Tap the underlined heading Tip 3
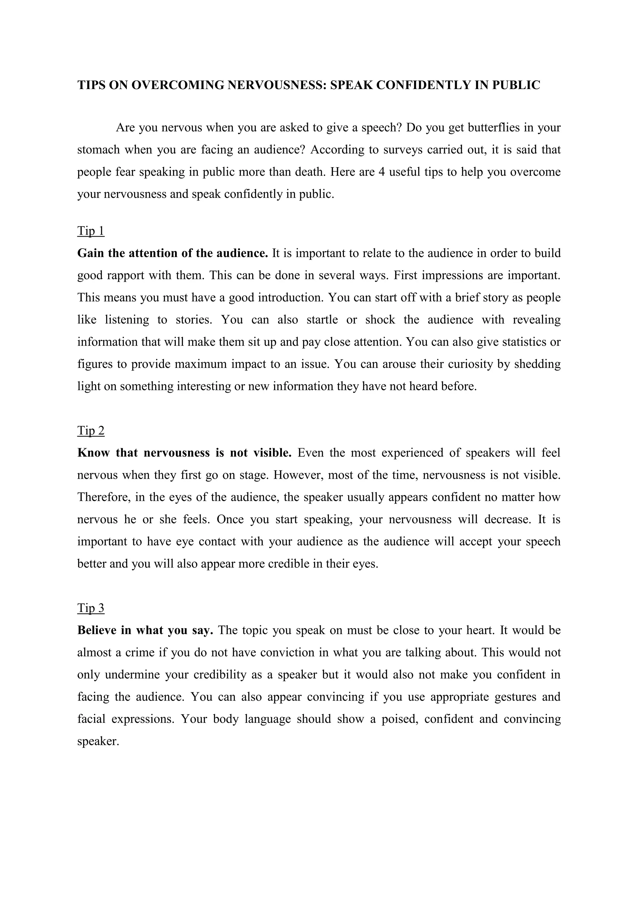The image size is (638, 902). pyautogui.click(x=91, y=608)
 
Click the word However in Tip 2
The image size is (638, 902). pyautogui.click(x=298, y=475)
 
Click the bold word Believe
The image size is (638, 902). pyautogui.click(x=98, y=630)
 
